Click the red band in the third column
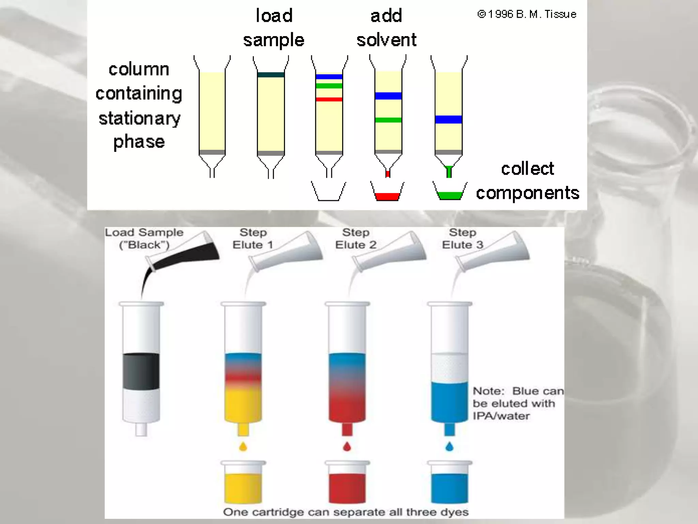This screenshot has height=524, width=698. point(329,99)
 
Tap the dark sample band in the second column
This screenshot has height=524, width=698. point(271,75)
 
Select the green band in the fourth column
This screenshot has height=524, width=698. point(388,120)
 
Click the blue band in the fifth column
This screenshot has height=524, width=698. point(449,119)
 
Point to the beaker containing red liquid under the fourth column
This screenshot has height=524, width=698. point(388,192)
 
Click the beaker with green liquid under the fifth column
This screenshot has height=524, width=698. point(450,192)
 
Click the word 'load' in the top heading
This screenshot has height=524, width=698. point(274,16)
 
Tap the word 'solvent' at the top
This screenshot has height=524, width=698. point(386,40)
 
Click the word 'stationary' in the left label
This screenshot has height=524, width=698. point(139,118)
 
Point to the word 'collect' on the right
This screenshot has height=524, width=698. point(527,169)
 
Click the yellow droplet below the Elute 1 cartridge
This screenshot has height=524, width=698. point(243,446)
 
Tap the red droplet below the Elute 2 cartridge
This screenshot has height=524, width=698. point(347,446)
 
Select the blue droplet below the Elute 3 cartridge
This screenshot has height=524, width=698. point(450,446)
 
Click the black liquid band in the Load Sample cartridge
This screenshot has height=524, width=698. point(141,371)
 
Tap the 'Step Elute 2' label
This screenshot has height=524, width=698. point(355,238)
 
